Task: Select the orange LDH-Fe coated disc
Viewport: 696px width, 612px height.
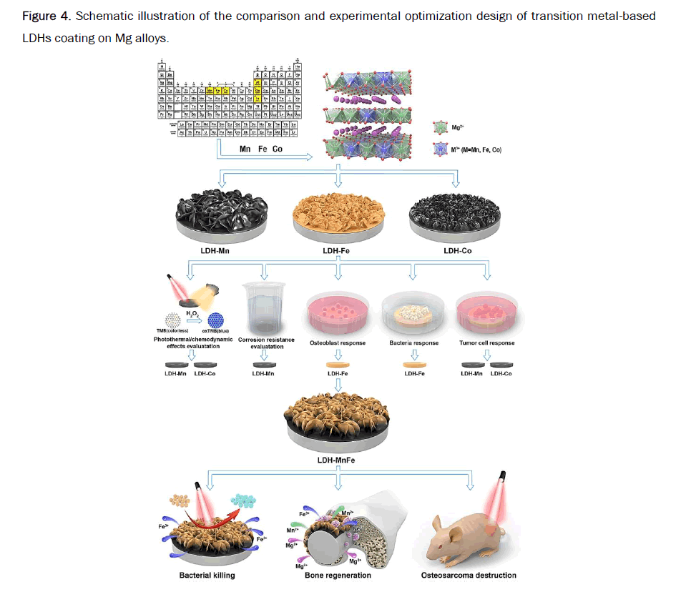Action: pyautogui.click(x=339, y=214)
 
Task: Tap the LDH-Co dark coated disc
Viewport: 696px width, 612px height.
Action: pyautogui.click(x=453, y=214)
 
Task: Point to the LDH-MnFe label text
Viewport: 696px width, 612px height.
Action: pyautogui.click(x=336, y=460)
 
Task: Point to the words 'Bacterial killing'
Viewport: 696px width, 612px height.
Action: pyautogui.click(x=207, y=575)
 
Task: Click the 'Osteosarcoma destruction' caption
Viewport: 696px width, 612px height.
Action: pyautogui.click(x=469, y=575)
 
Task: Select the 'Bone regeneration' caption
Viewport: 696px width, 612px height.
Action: pyautogui.click(x=338, y=575)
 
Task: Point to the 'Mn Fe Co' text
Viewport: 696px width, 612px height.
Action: pyautogui.click(x=261, y=149)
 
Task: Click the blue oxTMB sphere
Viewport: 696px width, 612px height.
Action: pyautogui.click(x=217, y=320)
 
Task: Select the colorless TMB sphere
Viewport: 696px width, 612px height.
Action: pyautogui.click(x=174, y=320)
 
